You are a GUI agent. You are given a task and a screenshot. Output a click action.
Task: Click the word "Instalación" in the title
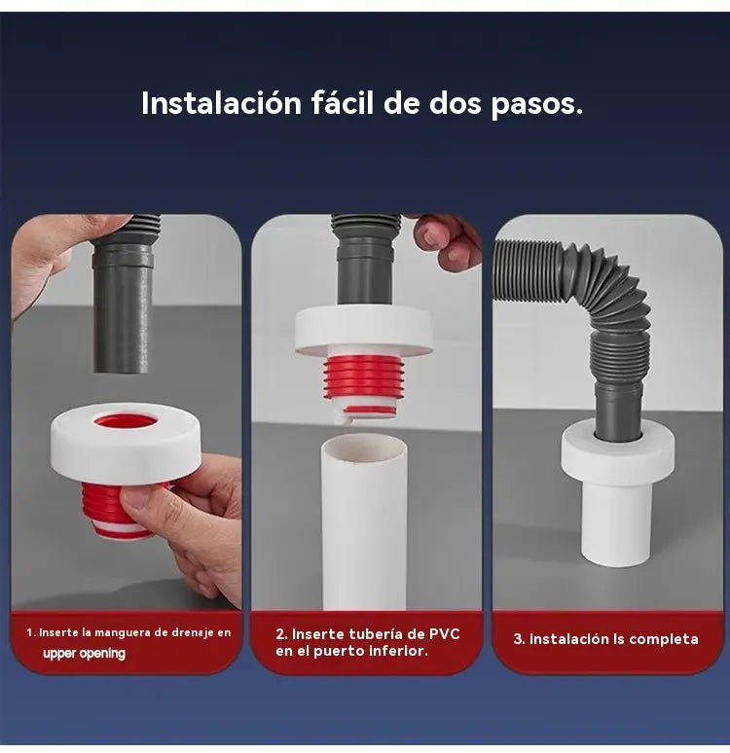coord(222,103)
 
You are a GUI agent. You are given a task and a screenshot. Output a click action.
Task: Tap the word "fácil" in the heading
coord(343,102)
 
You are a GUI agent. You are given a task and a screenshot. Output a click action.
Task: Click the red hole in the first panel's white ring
coord(126,422)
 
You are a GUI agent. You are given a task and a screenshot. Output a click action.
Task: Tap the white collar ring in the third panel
coord(617,453)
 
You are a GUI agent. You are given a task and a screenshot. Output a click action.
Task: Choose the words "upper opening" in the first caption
coord(84,654)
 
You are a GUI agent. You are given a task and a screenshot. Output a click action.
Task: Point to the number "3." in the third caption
coord(519,639)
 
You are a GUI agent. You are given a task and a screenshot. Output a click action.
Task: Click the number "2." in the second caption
coord(281,634)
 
